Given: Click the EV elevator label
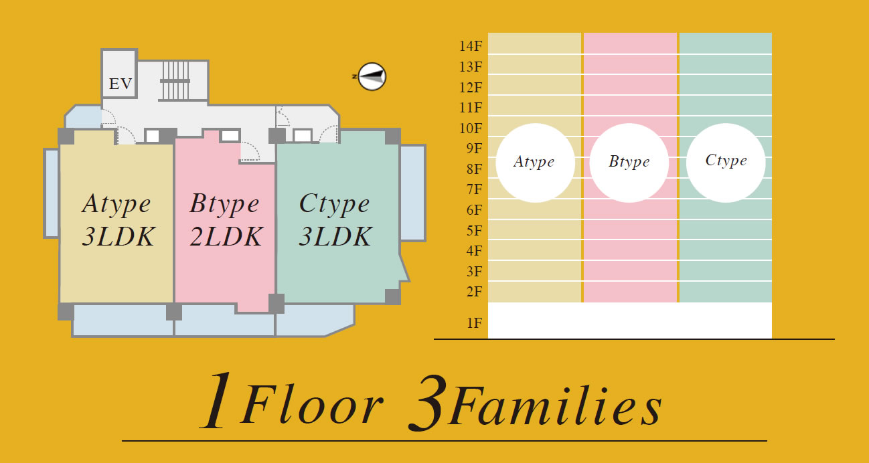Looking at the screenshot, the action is (121, 84).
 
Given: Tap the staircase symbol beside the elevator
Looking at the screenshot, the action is (175, 81).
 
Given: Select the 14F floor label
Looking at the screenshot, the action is (471, 46).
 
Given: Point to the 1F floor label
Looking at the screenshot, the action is (474, 323).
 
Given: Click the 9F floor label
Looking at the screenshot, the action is (474, 148).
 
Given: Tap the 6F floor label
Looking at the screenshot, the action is (474, 210).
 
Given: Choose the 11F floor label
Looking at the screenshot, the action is (471, 108).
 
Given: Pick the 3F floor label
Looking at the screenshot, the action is (474, 272).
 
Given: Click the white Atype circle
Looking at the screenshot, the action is (536, 163).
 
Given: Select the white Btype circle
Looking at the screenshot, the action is (629, 163).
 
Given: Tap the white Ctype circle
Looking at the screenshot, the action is (726, 163).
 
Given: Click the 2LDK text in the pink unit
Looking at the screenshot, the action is (226, 236).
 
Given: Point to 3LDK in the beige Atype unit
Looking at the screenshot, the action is (118, 236).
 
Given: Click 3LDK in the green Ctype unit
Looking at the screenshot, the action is (335, 236).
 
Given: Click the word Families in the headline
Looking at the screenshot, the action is (555, 405).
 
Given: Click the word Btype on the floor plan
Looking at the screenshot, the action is (224, 204).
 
